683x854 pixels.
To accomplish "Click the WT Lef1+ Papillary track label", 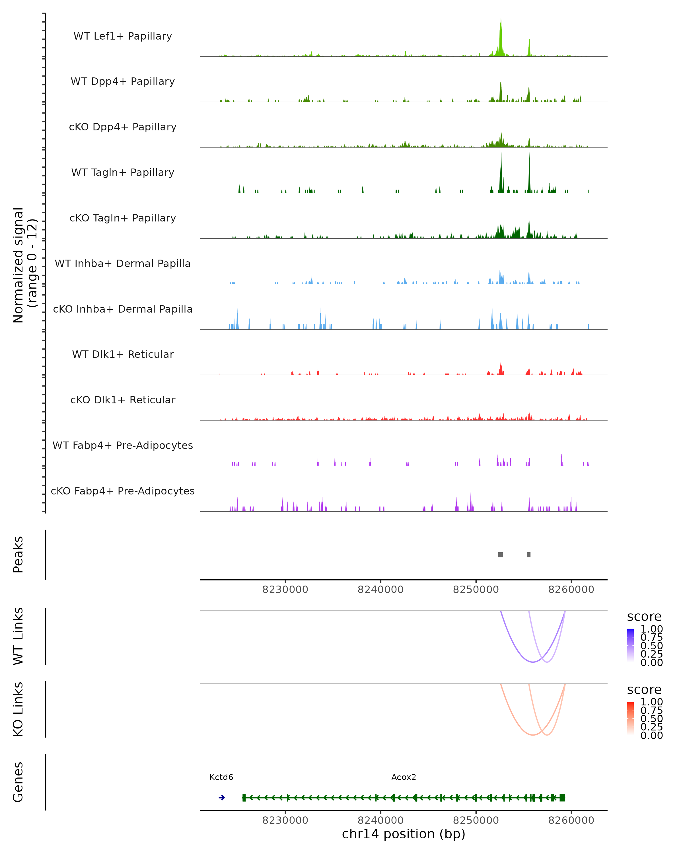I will coord(123,36).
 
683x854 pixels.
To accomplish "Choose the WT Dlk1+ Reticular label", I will coord(123,354).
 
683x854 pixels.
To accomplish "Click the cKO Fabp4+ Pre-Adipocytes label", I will coord(123,491).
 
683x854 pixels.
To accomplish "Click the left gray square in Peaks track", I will coord(501,555).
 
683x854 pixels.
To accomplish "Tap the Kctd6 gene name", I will coord(221,777).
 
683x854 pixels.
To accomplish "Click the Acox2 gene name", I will coord(404,777).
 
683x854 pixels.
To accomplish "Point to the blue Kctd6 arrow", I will coord(222,798).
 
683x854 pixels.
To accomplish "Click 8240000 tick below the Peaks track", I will coord(380,590).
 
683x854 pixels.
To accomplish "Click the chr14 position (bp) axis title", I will coord(404,834).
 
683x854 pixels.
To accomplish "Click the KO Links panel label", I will coord(18,709).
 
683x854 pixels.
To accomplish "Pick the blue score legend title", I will coord(644,617).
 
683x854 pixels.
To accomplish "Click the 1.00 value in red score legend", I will coord(651,702).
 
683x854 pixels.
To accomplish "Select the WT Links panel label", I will coord(18,636).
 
